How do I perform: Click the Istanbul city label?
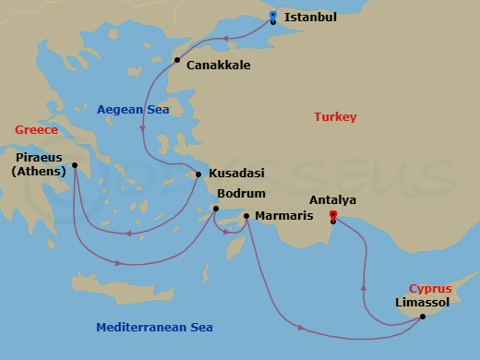(310, 17)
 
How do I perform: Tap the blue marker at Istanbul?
(273, 15)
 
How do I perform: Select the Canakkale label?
(218, 66)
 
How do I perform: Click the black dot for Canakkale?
(177, 60)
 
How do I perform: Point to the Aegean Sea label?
(134, 109)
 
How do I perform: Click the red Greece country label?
(36, 129)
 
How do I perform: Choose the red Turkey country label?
(335, 117)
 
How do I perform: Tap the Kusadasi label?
(236, 174)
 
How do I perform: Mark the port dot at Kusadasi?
(198, 174)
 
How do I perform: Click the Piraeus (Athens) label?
(39, 163)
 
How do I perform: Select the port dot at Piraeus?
(75, 166)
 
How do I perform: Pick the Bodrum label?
(240, 194)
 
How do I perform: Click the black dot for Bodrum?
(215, 209)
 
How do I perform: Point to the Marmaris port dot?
(246, 216)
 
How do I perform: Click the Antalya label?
(333, 199)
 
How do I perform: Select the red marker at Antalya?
(333, 215)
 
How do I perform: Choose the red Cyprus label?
(430, 288)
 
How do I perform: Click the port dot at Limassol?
(422, 317)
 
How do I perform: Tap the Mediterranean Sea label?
(155, 327)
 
